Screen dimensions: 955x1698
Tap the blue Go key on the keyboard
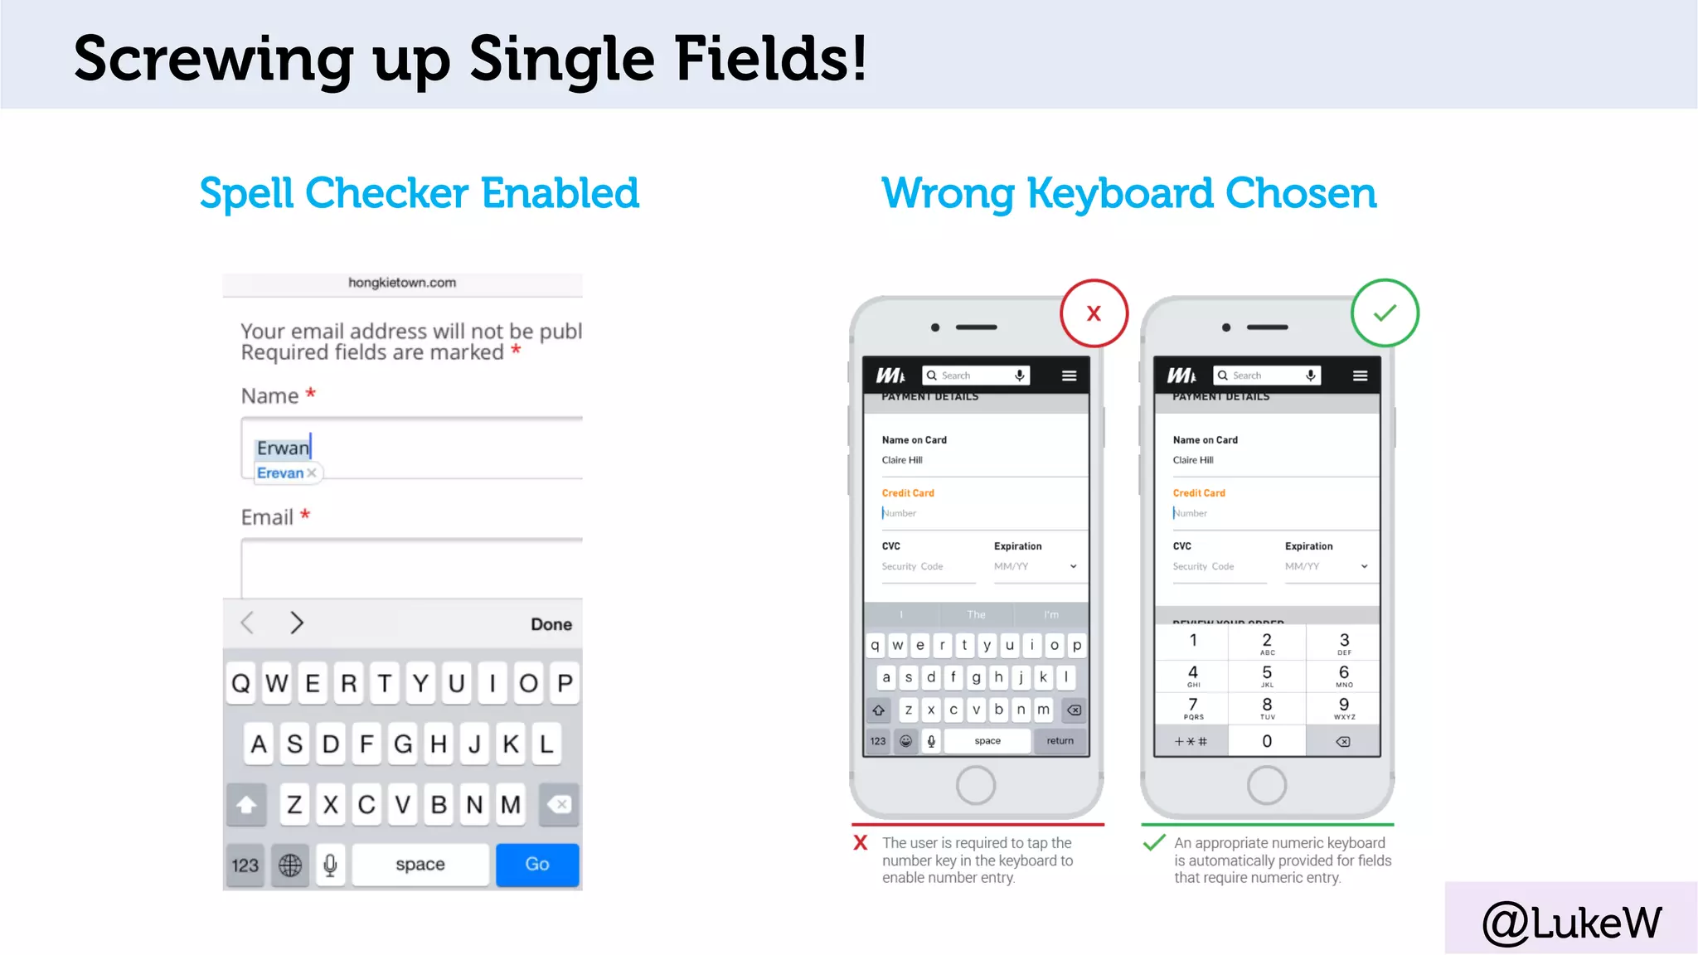click(537, 865)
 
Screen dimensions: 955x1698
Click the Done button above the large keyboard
click(551, 624)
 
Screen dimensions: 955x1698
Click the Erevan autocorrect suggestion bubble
click(280, 473)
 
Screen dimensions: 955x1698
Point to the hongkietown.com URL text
click(402, 283)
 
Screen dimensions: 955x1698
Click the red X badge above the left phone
click(1094, 313)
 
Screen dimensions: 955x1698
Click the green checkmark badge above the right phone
click(1385, 313)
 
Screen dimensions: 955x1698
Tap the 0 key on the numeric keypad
click(1267, 741)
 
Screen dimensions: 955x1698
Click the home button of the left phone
click(976, 785)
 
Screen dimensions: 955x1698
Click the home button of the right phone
click(1267, 785)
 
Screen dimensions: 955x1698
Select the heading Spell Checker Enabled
click(419, 193)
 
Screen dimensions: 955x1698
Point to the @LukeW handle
click(1571, 923)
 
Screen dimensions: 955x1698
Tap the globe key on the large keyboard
click(290, 865)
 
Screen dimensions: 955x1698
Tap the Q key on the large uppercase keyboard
click(240, 684)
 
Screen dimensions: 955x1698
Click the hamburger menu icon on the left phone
click(1070, 376)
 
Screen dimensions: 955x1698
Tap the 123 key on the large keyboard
click(245, 865)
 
